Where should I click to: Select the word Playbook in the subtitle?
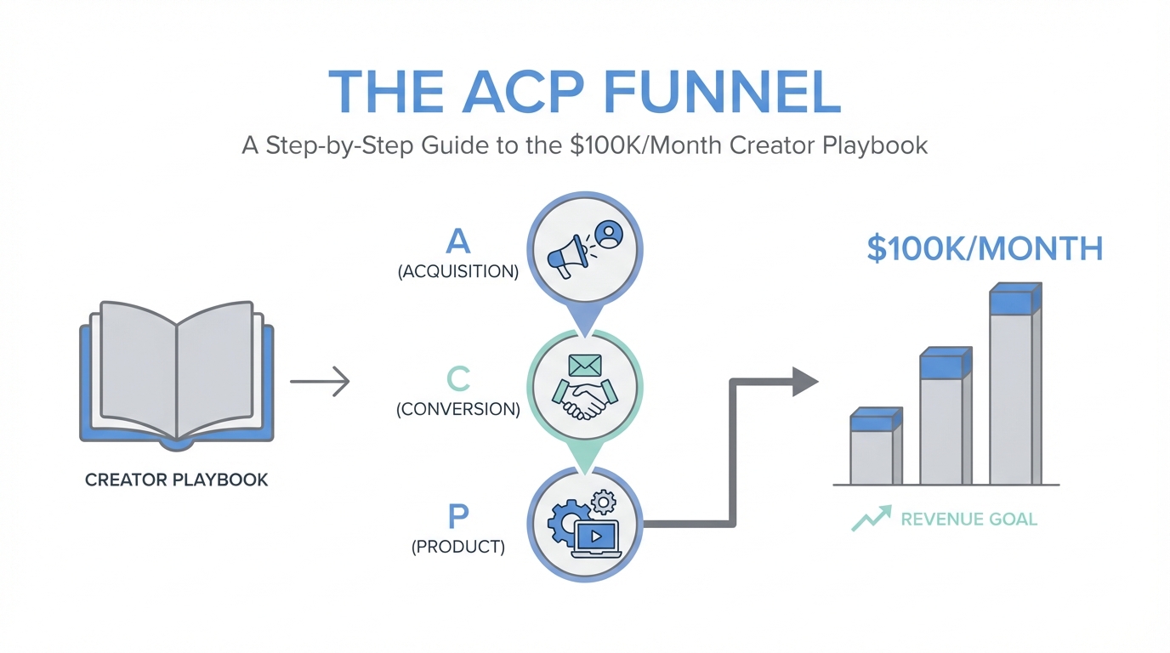coord(875,145)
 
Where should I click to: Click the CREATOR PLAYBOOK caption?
coord(177,480)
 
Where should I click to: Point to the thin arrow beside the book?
coord(320,381)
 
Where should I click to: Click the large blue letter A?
coord(457,242)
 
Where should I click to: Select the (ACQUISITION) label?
coord(457,272)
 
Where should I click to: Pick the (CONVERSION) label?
coord(457,409)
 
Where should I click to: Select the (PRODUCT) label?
coord(457,547)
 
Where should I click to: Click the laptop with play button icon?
coord(598,538)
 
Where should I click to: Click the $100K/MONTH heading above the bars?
coord(985,249)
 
